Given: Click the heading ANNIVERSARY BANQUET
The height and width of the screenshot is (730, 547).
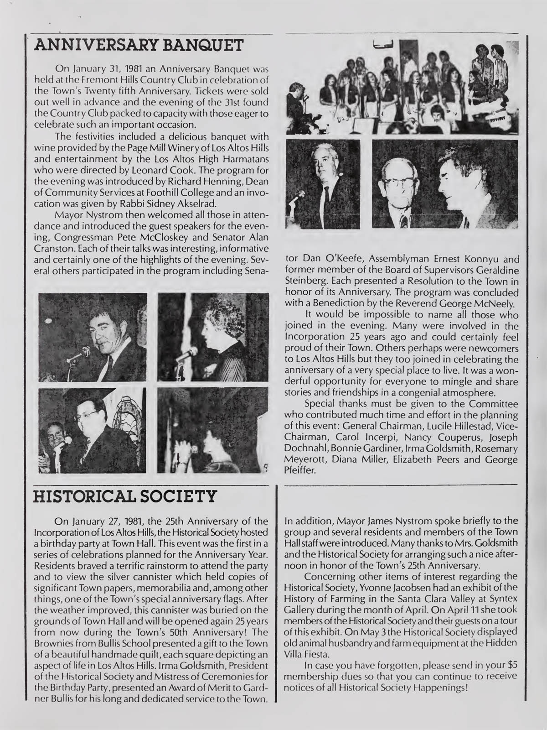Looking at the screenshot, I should pos(141,45).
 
